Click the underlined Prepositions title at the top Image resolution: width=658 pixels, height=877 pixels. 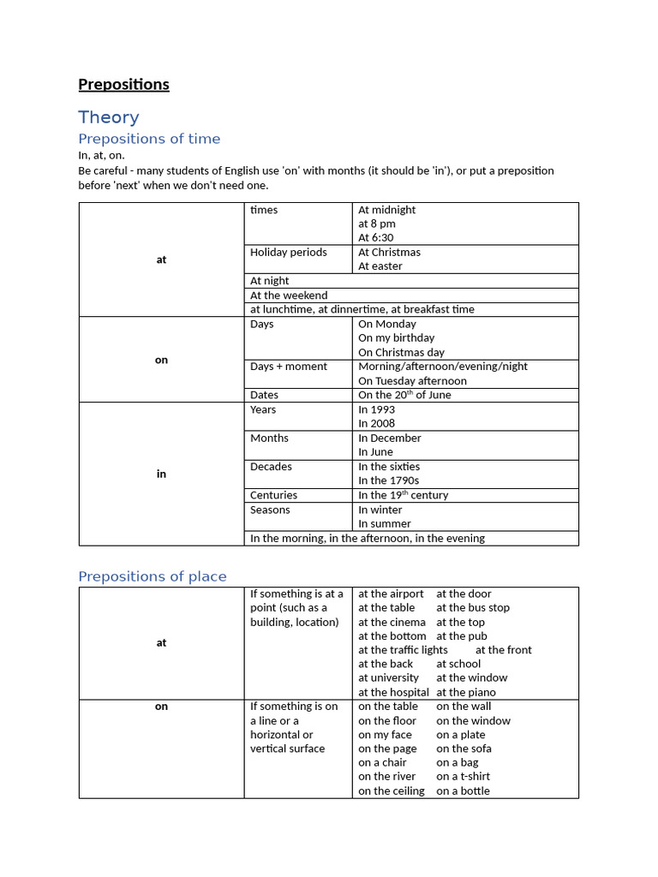tap(123, 84)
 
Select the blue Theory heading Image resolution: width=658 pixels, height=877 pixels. tap(108, 117)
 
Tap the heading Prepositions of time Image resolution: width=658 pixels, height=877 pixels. tap(149, 139)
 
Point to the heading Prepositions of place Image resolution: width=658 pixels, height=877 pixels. tap(153, 576)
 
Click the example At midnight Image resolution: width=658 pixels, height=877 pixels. tap(386, 210)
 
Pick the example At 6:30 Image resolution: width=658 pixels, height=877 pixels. tap(376, 238)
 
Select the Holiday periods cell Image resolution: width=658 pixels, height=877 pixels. tap(288, 253)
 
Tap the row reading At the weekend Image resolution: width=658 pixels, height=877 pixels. tap(289, 295)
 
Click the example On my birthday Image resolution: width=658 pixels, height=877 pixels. tap(396, 338)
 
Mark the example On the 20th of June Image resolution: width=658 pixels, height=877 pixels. tap(404, 395)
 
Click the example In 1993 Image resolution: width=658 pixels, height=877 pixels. tap(377, 409)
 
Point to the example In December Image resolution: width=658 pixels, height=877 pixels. tap(390, 438)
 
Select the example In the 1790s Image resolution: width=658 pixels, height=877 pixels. tap(388, 480)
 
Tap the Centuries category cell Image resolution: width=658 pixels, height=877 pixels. tap(273, 495)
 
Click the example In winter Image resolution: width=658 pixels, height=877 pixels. tap(380, 510)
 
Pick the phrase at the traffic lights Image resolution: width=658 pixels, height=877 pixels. tap(403, 650)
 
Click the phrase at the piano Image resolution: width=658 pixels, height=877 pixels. tap(465, 692)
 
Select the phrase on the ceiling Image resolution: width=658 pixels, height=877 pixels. tap(391, 790)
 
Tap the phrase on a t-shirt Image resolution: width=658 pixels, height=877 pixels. tap(463, 777)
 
